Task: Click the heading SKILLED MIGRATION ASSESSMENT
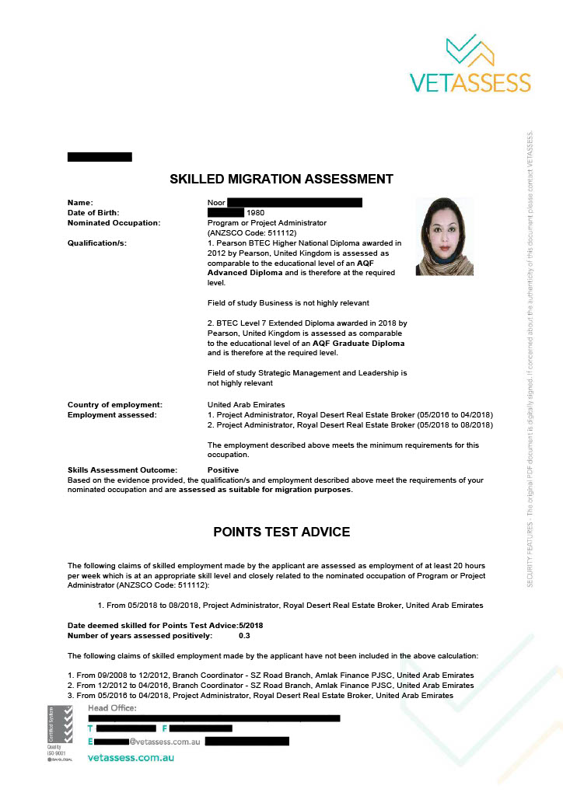tap(281, 180)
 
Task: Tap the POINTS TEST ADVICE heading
tap(281, 532)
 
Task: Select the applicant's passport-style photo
tap(445, 236)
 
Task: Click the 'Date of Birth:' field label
tap(94, 212)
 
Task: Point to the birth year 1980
tap(255, 212)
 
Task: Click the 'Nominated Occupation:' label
tap(114, 222)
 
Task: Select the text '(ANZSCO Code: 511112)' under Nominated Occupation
tap(252, 232)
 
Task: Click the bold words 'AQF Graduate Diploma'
tap(359, 343)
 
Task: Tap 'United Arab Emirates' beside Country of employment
tap(247, 405)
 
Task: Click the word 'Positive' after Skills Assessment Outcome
tap(223, 470)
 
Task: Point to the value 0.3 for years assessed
tap(244, 636)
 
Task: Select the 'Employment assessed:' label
tap(112, 414)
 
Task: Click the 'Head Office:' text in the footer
tap(112, 708)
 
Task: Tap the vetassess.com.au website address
tap(130, 756)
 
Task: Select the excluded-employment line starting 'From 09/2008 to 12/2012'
tap(271, 675)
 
